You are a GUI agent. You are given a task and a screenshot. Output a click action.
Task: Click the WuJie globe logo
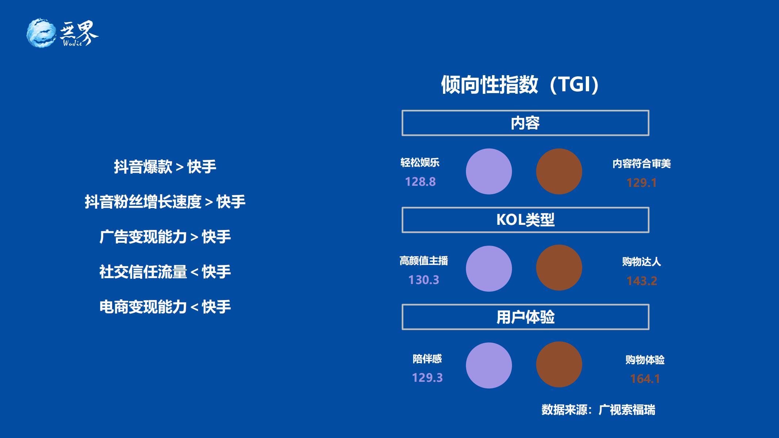(x=41, y=33)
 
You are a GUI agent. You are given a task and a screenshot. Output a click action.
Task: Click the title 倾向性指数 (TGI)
(x=520, y=85)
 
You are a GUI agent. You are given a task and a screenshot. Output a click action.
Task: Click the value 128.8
(x=420, y=182)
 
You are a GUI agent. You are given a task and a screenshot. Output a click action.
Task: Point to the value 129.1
(x=641, y=183)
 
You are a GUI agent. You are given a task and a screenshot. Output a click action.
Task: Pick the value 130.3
(x=424, y=280)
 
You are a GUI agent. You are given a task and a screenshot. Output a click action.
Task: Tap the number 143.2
(x=642, y=281)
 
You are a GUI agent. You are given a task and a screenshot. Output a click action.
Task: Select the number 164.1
(x=645, y=379)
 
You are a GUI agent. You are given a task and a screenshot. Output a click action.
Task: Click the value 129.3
(x=427, y=377)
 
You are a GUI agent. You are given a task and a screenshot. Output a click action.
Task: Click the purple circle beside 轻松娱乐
(x=489, y=171)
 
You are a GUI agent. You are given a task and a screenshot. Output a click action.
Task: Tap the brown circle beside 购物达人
(x=559, y=268)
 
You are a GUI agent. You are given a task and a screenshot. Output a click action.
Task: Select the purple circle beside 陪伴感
(x=489, y=365)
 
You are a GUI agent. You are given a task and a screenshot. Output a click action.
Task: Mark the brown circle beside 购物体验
(x=559, y=364)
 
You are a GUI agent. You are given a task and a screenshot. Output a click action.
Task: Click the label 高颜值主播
(x=424, y=261)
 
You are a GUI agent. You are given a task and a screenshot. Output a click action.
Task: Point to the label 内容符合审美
(x=642, y=164)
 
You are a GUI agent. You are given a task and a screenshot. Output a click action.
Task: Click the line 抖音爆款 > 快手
(x=165, y=167)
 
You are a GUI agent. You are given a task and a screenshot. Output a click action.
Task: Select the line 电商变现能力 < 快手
(x=165, y=307)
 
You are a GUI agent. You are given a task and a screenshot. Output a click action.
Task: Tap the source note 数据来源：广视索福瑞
(x=598, y=410)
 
